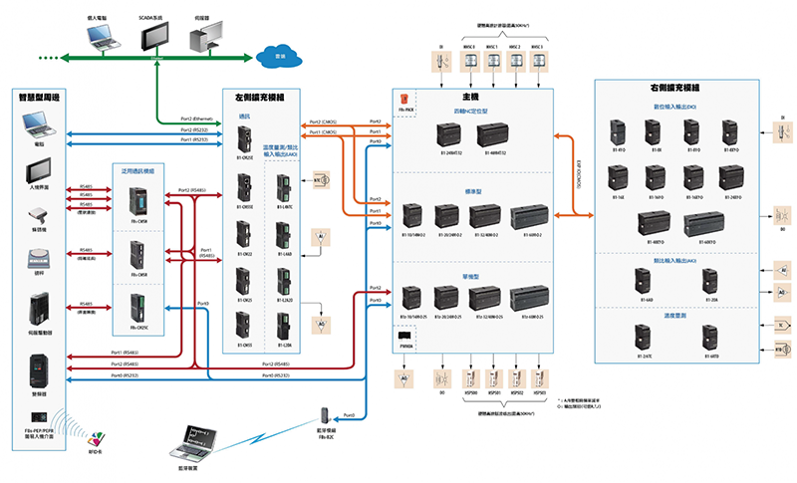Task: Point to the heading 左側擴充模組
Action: [x=273, y=99]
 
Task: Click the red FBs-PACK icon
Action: [x=405, y=99]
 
